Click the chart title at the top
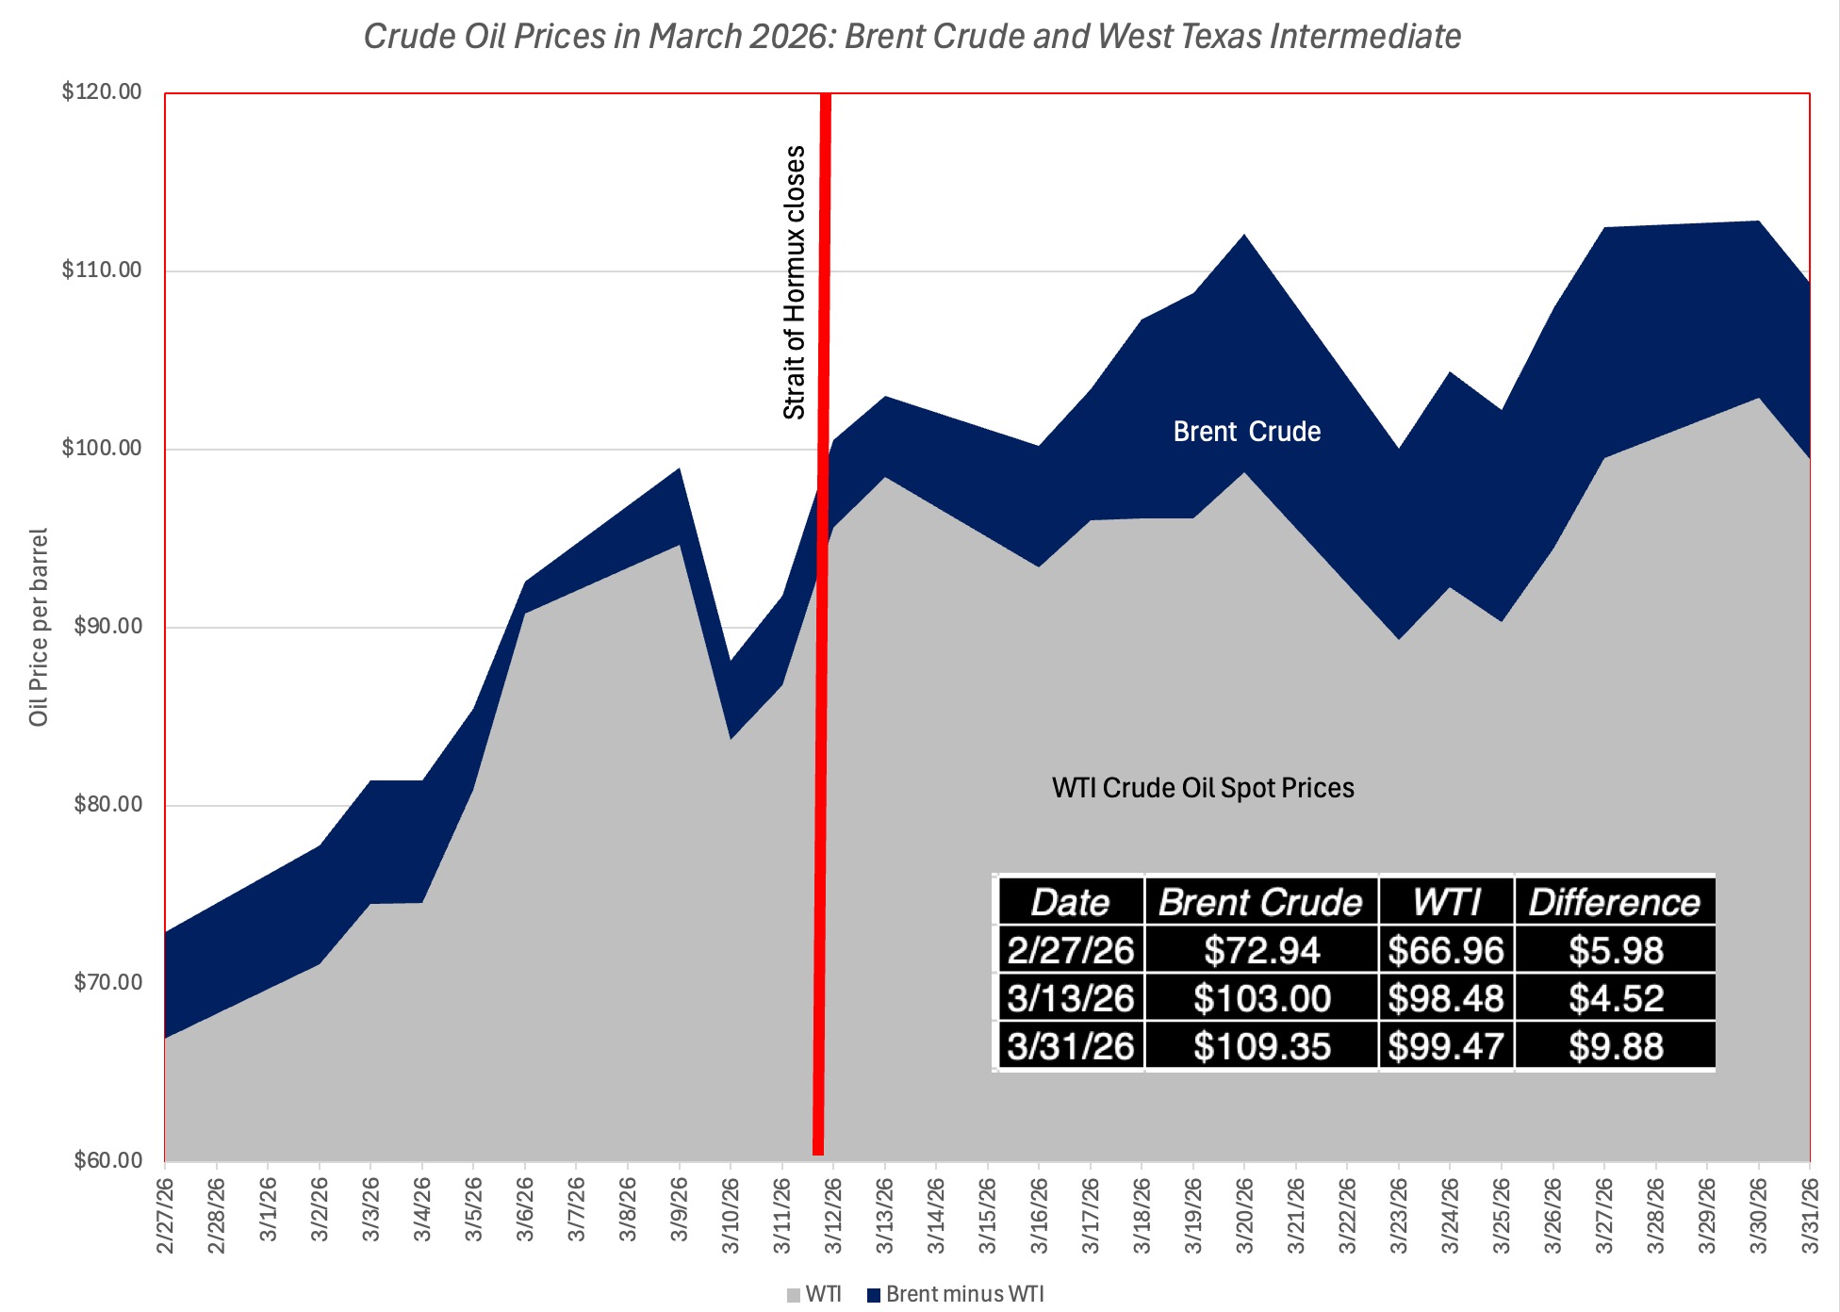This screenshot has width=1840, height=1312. click(912, 37)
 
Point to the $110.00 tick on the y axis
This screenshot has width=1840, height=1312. click(102, 271)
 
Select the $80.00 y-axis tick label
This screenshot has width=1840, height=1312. click(107, 805)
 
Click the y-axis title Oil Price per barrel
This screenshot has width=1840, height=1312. click(39, 627)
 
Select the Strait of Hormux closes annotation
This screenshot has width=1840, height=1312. click(795, 283)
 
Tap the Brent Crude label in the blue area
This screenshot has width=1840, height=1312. click(1246, 432)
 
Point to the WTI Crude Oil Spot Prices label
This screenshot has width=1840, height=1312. click(1203, 788)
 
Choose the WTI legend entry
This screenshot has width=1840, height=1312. click(814, 1294)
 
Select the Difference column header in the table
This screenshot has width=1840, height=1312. click(1614, 902)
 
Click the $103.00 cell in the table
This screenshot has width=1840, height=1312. click(1261, 998)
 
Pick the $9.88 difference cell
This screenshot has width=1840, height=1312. click(1616, 1046)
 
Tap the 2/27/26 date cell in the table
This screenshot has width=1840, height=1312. click(1070, 950)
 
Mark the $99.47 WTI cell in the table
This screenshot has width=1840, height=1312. click(1445, 1046)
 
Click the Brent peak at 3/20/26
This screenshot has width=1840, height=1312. click(1244, 235)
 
